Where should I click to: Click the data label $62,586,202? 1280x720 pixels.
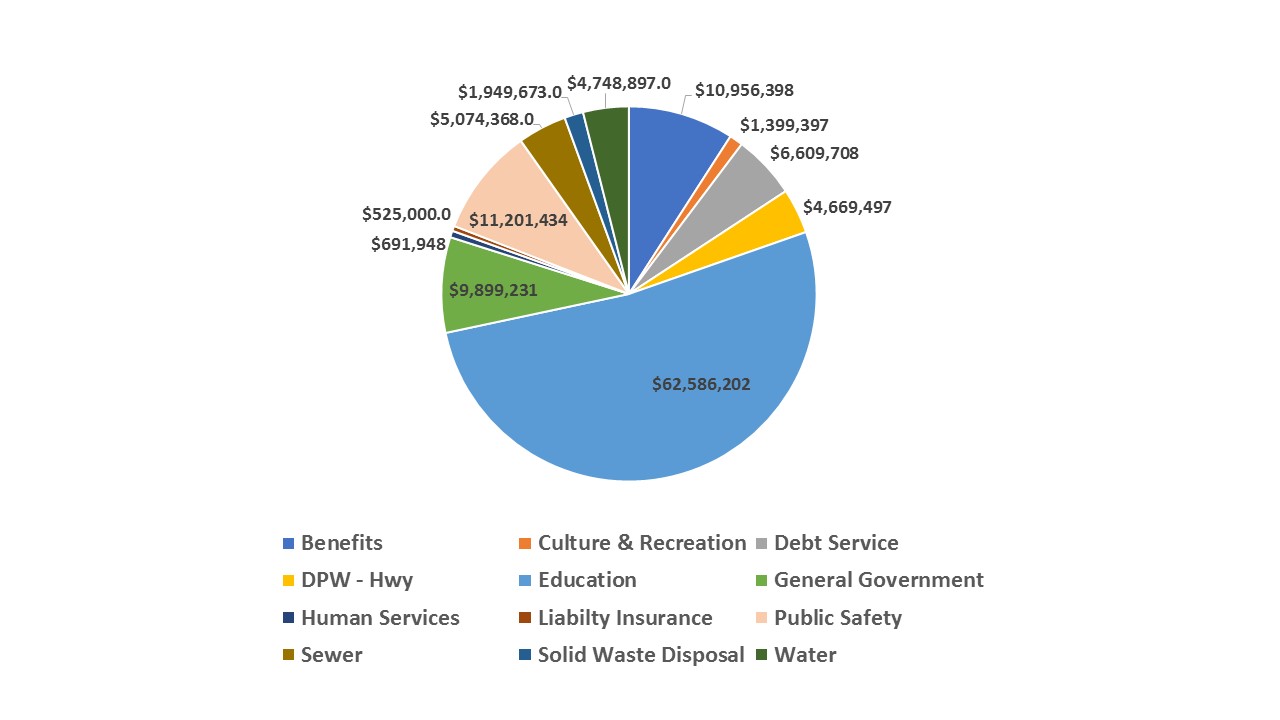[x=701, y=384]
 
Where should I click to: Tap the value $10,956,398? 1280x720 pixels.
[x=744, y=90]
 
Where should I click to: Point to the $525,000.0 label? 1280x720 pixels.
[x=406, y=214]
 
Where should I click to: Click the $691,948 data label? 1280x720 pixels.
[x=408, y=243]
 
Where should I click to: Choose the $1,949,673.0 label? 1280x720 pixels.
[x=510, y=92]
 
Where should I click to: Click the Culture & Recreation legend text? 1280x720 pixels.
[x=642, y=543]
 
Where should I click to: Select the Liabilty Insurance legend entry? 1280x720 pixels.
[x=625, y=618]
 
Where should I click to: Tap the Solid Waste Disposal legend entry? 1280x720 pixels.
[x=641, y=655]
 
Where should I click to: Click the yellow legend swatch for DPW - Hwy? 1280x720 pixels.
[x=289, y=581]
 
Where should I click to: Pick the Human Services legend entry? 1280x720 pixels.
[x=380, y=618]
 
